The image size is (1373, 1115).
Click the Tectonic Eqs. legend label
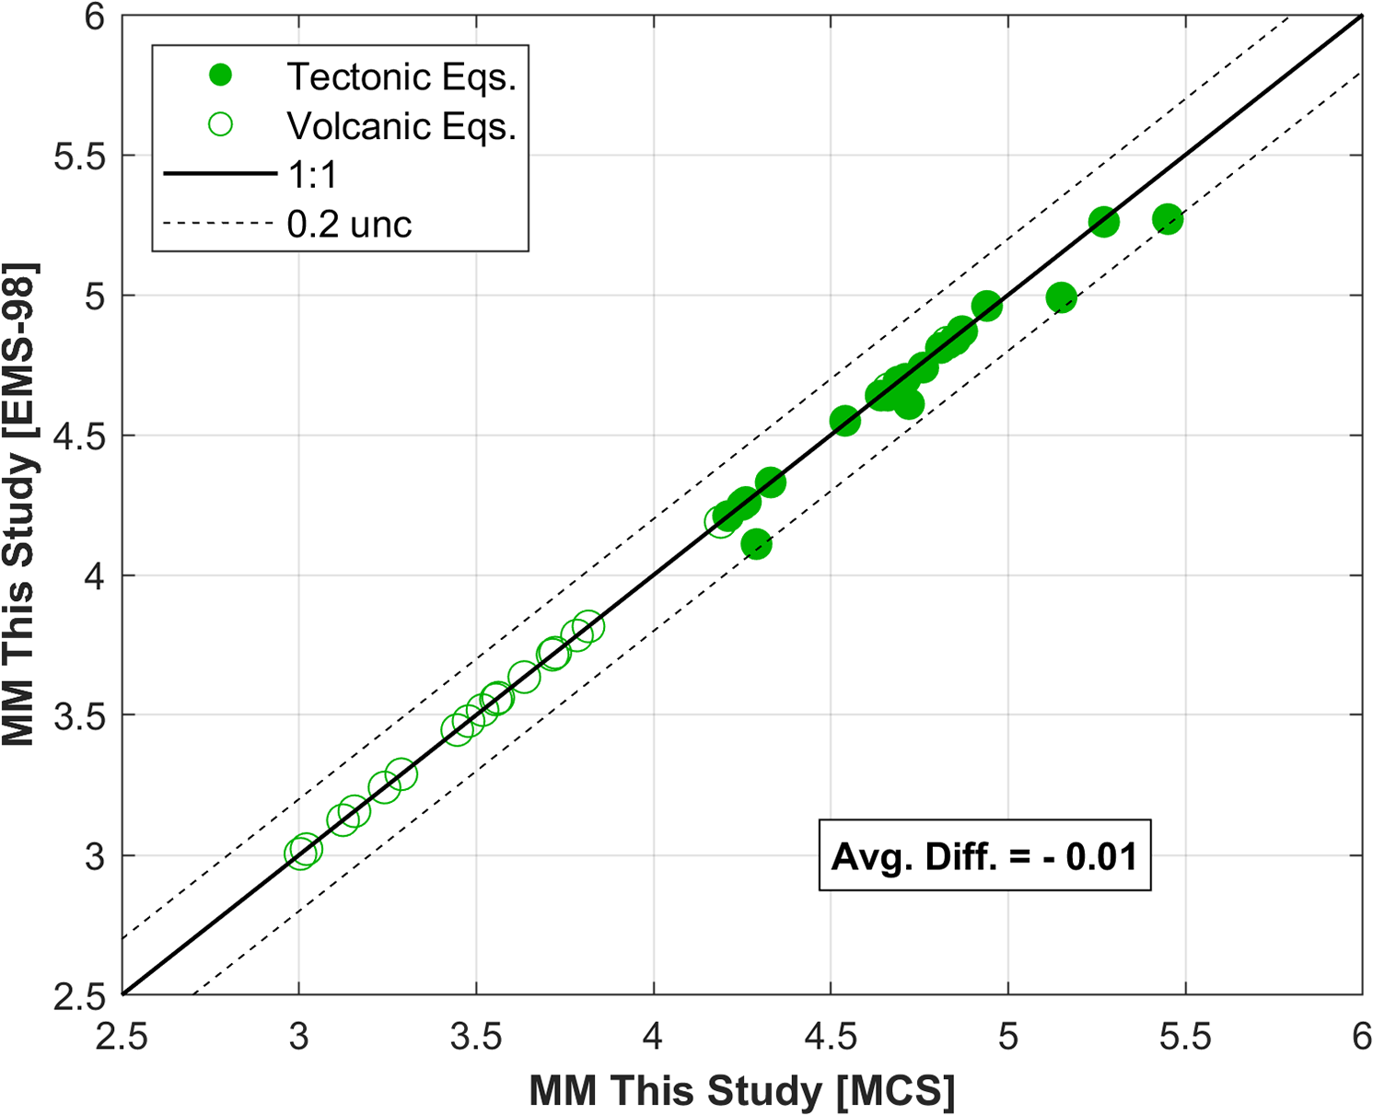point(401,76)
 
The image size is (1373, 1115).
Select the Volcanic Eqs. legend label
point(401,126)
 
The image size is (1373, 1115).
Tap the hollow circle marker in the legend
point(221,124)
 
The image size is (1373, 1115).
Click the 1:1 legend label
point(313,175)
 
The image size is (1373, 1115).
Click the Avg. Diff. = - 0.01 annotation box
point(984,855)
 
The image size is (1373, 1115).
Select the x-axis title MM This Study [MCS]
point(741,1092)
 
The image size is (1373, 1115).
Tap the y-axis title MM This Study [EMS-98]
point(19,505)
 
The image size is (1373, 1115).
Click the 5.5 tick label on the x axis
point(1185,1038)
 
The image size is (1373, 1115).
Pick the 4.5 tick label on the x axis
point(831,1038)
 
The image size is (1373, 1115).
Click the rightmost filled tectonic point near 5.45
point(1168,219)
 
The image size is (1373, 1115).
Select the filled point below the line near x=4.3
point(756,545)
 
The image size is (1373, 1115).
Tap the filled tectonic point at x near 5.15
point(1061,297)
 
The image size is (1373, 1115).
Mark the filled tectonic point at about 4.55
point(844,421)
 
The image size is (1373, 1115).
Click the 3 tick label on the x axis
point(298,1038)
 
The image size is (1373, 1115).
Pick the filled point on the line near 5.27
point(1103,222)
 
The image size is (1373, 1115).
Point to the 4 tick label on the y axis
point(95,576)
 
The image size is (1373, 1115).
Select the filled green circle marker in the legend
point(221,75)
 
